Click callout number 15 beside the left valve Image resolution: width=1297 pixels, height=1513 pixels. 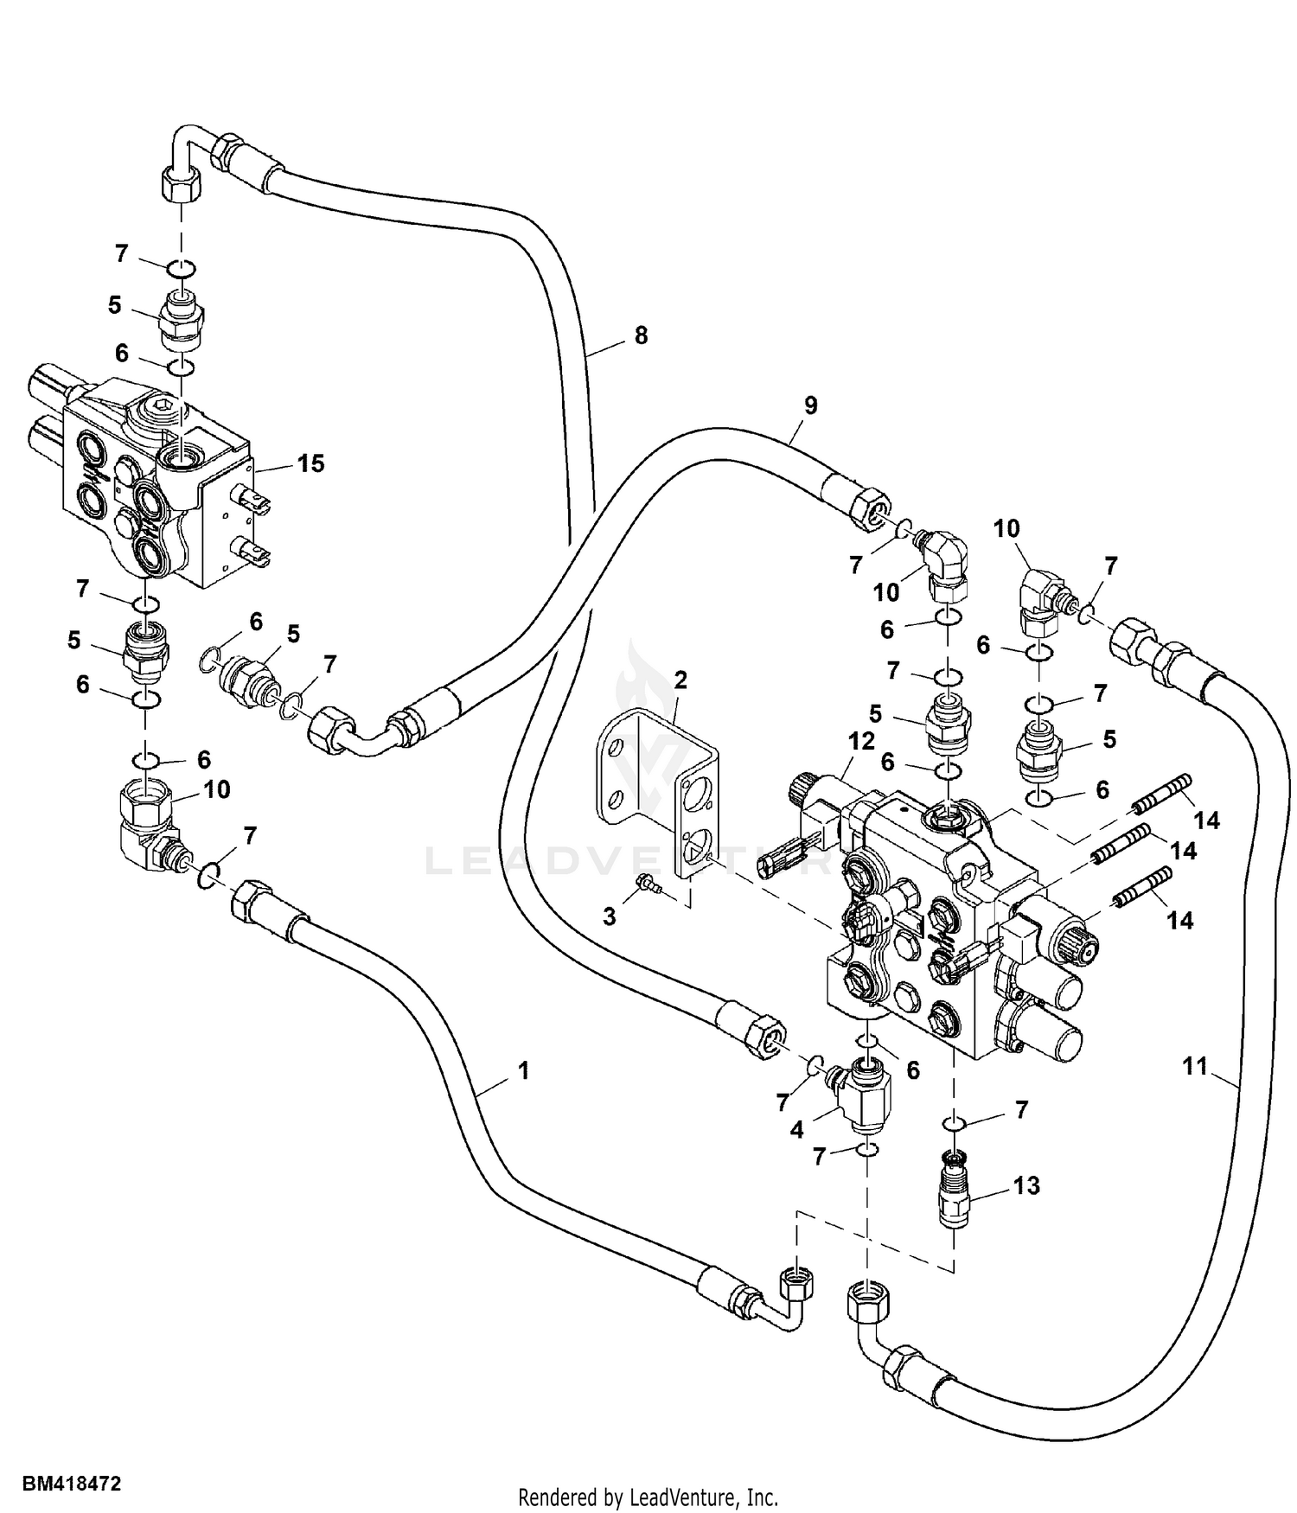coord(310,463)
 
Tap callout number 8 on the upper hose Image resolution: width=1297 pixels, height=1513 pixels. coord(641,335)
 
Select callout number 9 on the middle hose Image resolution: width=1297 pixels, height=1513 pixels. coord(810,405)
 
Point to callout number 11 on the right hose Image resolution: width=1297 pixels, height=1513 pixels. coord(1194,1067)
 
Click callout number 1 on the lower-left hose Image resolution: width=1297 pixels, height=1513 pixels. coord(523,1071)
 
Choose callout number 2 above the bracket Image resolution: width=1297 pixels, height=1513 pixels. coord(680,680)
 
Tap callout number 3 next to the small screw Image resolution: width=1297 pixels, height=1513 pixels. coord(610,916)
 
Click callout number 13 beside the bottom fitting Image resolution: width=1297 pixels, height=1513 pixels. coord(1026,1185)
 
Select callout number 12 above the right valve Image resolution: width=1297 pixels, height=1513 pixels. coord(862,741)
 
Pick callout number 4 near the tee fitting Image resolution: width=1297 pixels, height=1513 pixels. coord(796,1130)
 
